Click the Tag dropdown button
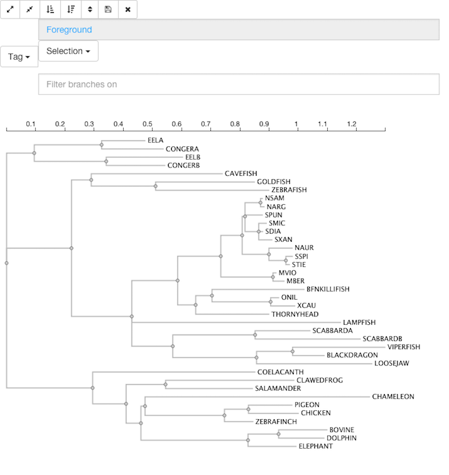(x=19, y=56)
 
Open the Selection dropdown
(x=69, y=51)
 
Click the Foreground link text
(x=69, y=30)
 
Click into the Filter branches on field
(x=239, y=84)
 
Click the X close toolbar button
(x=128, y=10)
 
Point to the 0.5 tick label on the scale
(x=148, y=124)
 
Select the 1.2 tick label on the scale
(x=352, y=124)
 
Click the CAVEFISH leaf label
(x=241, y=173)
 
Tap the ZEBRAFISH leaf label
(x=289, y=190)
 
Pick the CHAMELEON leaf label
(x=393, y=397)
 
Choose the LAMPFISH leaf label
(x=359, y=323)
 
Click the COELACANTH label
(x=280, y=372)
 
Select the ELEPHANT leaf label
(x=316, y=446)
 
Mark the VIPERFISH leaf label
(x=404, y=347)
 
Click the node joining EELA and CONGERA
(x=102, y=145)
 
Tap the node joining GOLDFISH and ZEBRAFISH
(x=156, y=186)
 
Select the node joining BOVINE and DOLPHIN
(x=278, y=434)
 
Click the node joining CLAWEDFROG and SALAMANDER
(x=165, y=384)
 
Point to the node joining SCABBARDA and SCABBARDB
(x=255, y=334)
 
